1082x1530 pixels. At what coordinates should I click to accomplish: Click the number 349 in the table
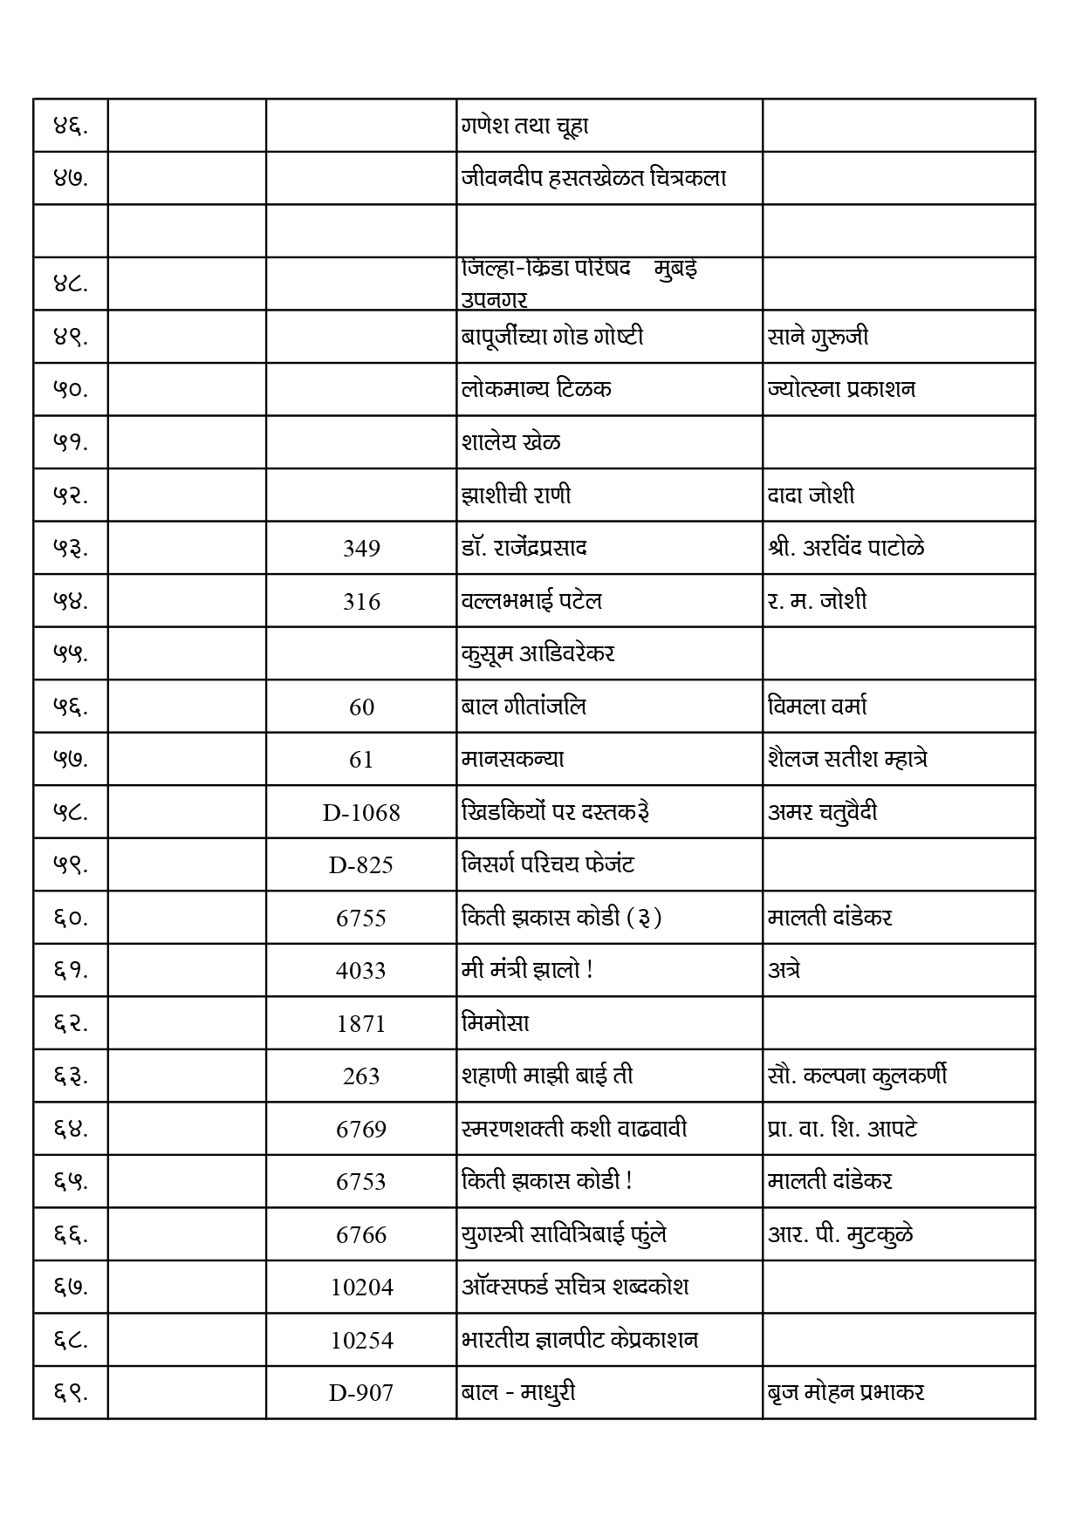coord(361,549)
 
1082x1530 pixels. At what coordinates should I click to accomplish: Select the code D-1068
coord(361,813)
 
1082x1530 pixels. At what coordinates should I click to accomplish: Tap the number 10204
coord(361,1288)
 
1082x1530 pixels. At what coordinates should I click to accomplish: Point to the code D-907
coord(361,1393)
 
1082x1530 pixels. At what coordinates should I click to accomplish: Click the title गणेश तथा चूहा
coord(525,126)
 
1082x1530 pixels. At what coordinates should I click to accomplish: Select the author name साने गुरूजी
coord(818,337)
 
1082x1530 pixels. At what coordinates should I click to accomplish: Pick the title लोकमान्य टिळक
coord(536,389)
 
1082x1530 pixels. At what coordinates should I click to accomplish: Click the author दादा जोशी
coord(811,495)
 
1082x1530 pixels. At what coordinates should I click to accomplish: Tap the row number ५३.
coord(71,549)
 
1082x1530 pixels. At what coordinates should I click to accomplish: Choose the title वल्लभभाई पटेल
coord(531,601)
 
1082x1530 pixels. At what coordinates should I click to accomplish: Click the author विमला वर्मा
coord(818,707)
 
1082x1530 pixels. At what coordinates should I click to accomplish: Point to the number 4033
coord(361,971)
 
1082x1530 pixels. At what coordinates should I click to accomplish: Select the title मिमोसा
coord(496,1023)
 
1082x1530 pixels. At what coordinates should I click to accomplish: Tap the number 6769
coord(361,1130)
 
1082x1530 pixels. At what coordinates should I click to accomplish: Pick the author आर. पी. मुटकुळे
coord(841,1234)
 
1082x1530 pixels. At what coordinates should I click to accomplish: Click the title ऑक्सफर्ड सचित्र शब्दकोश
coord(575,1288)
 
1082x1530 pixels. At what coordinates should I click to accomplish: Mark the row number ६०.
coord(71,918)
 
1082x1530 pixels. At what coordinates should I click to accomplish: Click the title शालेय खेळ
coord(511,442)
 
